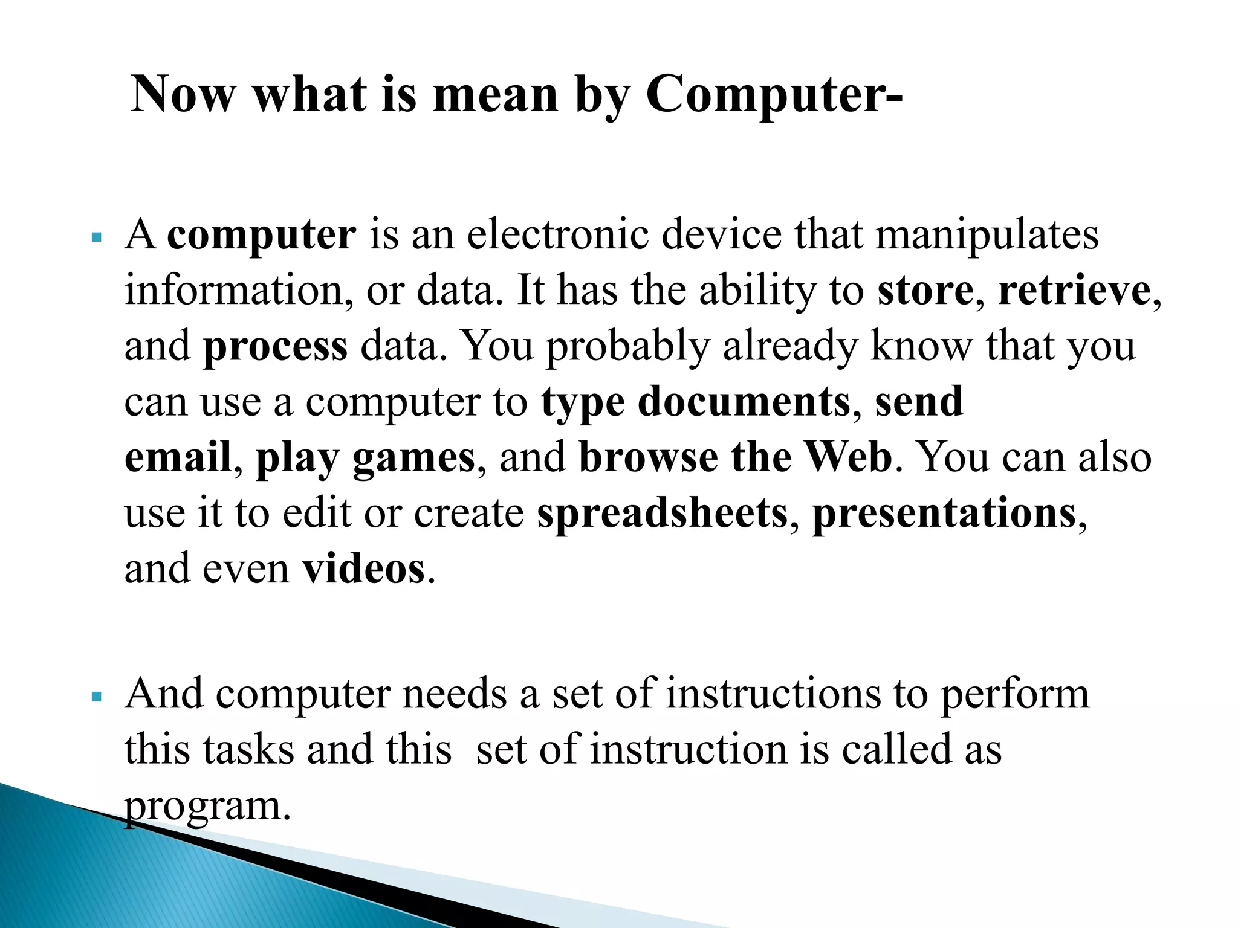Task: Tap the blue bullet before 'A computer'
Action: click(x=96, y=237)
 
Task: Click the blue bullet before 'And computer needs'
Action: click(x=96, y=697)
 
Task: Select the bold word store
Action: click(x=925, y=291)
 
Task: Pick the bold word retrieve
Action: click(x=1074, y=291)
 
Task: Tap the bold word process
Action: click(x=275, y=347)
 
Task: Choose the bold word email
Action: click(x=178, y=457)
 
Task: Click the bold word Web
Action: click(x=849, y=457)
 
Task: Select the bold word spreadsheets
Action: click(x=663, y=514)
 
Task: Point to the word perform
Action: click(x=1015, y=695)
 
